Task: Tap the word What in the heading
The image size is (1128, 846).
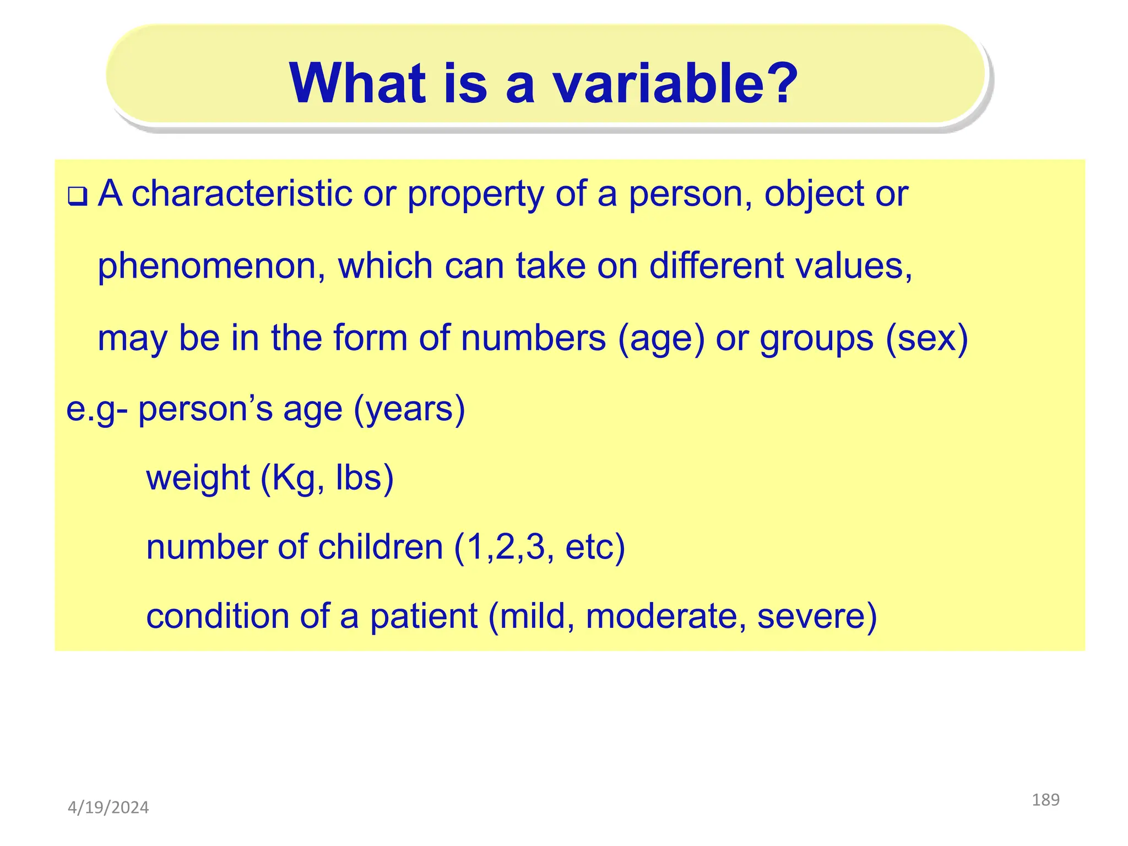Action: (x=357, y=84)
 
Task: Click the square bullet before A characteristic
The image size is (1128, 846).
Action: (x=77, y=197)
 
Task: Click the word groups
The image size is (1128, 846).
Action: (x=816, y=339)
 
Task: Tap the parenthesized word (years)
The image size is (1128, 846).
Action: (x=409, y=410)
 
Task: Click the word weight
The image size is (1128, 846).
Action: (x=198, y=478)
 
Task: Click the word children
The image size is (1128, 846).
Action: (x=381, y=547)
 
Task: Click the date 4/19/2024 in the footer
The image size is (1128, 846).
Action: (x=108, y=808)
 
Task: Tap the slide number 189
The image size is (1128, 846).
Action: (x=1045, y=800)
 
